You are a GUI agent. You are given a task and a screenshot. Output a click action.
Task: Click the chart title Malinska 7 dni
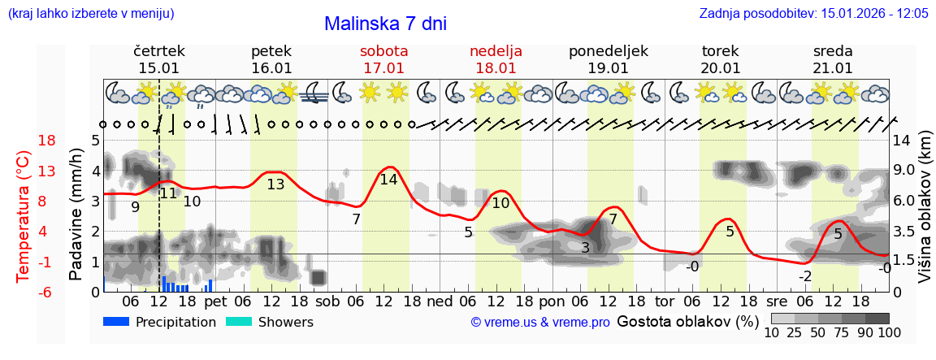(385, 24)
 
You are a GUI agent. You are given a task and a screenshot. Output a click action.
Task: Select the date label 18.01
(496, 68)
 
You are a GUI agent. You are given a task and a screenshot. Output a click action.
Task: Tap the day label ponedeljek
(609, 51)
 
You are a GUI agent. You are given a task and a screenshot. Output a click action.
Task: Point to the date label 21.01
(833, 68)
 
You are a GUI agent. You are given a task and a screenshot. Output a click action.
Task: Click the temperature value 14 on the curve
(388, 180)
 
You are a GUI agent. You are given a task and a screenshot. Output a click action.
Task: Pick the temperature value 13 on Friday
(275, 184)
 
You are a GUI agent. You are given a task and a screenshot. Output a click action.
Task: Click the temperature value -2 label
(804, 276)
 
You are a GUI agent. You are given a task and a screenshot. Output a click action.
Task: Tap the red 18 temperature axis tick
(24, 141)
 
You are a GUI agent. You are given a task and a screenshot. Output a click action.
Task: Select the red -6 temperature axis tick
(24, 292)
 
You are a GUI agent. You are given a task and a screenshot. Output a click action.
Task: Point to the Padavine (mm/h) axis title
(76, 215)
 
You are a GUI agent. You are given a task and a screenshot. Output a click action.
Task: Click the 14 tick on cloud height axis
(903, 141)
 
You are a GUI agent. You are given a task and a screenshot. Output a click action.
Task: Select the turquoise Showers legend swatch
(238, 322)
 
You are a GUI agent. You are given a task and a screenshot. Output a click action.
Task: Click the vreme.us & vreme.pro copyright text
(540, 323)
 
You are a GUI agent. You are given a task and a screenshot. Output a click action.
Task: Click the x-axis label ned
(440, 301)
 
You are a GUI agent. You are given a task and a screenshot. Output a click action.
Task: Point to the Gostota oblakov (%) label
(687, 322)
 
